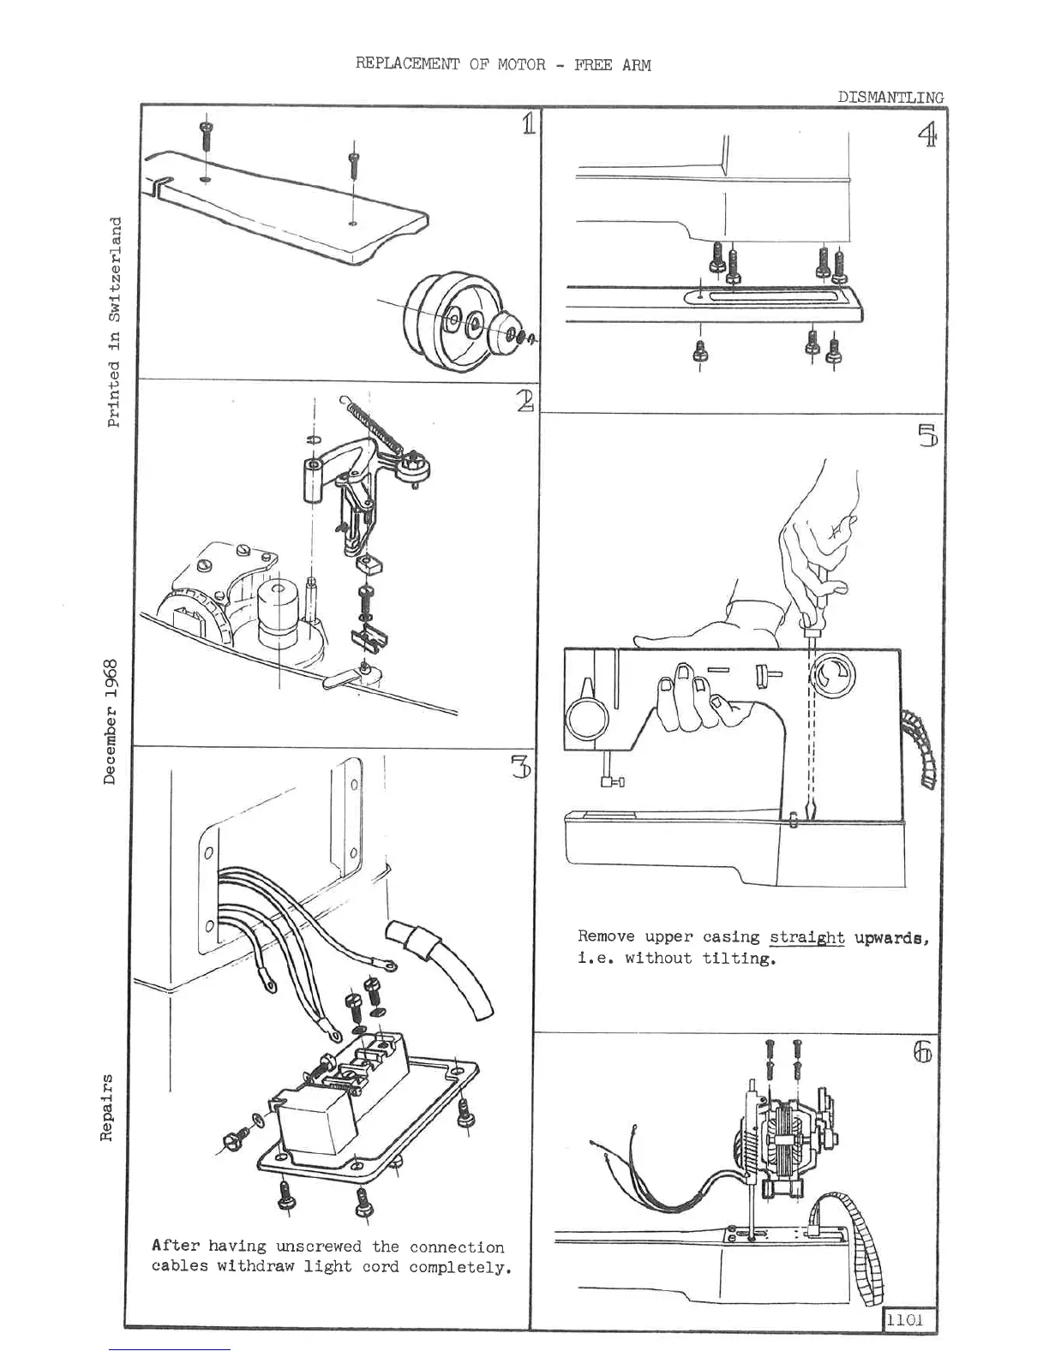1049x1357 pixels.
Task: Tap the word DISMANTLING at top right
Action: pyautogui.click(x=890, y=98)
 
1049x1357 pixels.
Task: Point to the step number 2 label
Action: pyautogui.click(x=525, y=400)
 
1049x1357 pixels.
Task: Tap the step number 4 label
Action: pyautogui.click(x=926, y=135)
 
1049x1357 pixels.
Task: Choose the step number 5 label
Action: pyautogui.click(x=927, y=436)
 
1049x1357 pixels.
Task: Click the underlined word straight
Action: pyautogui.click(x=806, y=937)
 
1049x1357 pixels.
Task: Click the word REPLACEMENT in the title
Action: pyautogui.click(x=407, y=65)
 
